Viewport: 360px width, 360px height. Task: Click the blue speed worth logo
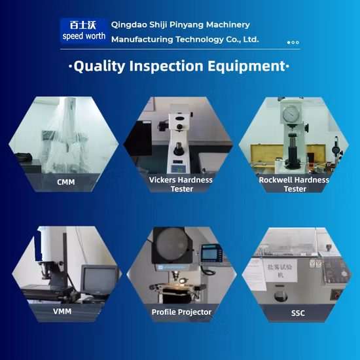(x=83, y=30)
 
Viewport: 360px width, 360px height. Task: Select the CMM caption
(x=66, y=182)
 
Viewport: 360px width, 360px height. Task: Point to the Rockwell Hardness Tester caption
(x=295, y=184)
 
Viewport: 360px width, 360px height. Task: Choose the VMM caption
(x=62, y=311)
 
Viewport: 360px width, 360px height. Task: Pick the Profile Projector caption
(x=181, y=312)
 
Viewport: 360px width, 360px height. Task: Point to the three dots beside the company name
(x=293, y=43)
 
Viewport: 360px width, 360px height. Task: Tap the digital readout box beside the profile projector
(x=210, y=255)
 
